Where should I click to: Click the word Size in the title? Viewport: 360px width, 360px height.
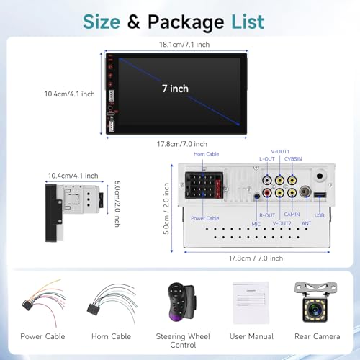102,22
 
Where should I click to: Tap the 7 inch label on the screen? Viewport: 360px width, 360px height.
175,89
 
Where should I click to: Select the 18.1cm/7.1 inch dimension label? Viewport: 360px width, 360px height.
184,45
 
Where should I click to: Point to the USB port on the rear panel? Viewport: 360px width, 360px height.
320,194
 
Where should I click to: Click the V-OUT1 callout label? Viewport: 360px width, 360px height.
280,152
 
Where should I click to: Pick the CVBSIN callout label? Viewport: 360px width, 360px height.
293,159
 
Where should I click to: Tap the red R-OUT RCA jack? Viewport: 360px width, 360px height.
267,192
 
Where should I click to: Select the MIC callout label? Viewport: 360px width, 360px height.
256,224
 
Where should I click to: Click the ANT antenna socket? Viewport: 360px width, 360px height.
305,192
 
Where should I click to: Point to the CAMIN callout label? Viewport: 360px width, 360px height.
292,214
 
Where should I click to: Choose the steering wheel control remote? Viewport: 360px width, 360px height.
181,302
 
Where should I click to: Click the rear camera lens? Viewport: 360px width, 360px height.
315,310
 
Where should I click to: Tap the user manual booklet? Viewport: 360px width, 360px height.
251,303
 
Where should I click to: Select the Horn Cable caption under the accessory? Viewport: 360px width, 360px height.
111,336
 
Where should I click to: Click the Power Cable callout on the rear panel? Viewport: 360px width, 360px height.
205,218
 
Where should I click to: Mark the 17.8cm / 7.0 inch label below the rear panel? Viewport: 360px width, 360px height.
256,258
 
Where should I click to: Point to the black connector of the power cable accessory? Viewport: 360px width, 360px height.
27,305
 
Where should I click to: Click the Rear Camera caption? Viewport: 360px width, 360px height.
318,336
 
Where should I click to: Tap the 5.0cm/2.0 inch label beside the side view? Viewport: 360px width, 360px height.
117,204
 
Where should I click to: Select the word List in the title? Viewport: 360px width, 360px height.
248,22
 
